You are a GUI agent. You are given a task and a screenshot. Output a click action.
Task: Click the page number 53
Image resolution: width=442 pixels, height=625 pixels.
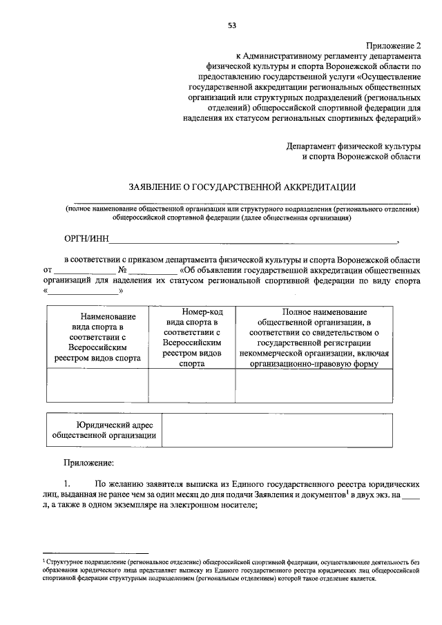click(x=232, y=26)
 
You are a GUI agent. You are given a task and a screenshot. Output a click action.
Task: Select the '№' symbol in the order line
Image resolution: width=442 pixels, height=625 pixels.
click(x=122, y=269)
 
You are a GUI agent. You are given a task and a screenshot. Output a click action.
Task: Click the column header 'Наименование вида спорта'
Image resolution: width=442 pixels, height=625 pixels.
click(x=97, y=337)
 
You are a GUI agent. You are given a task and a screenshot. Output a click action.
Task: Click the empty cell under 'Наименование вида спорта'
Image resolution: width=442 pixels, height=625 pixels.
click(x=97, y=385)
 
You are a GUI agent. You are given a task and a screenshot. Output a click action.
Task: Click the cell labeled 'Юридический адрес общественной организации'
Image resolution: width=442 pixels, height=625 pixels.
click(x=104, y=430)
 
